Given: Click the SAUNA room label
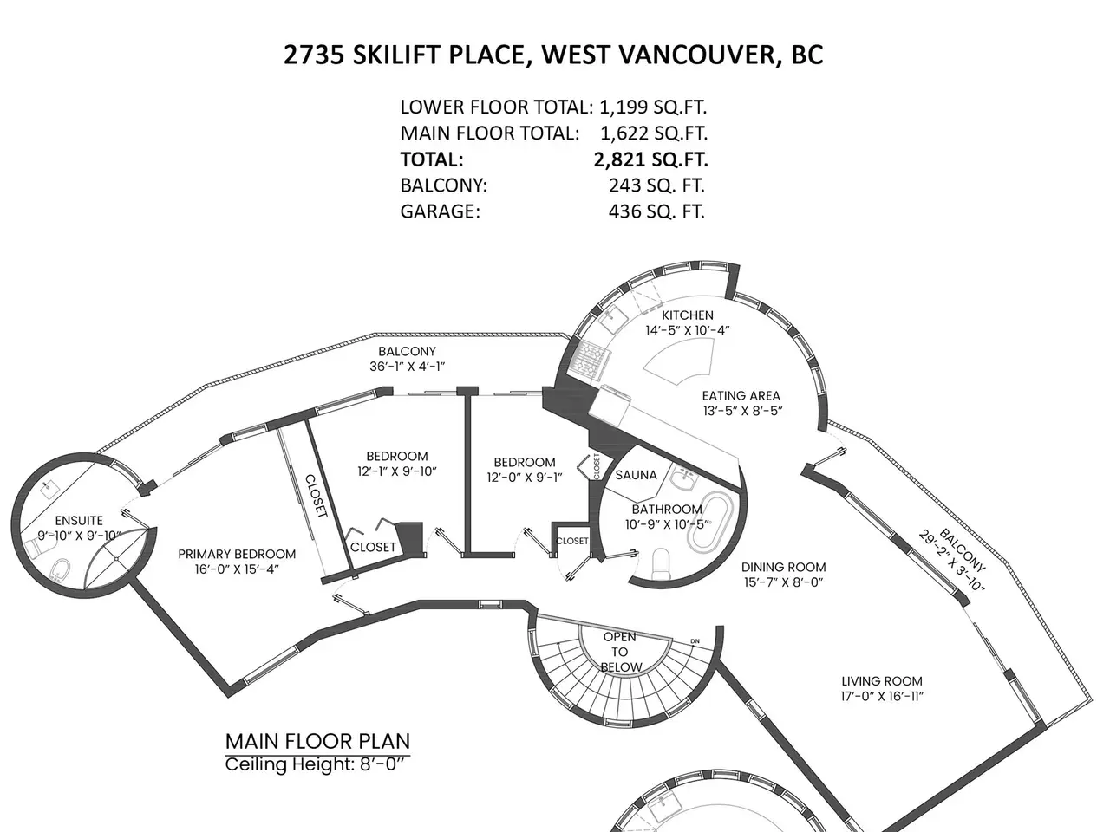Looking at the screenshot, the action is pos(636,475).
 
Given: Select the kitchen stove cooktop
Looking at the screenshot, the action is pos(589,360).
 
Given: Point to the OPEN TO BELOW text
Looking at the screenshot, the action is pos(621,652).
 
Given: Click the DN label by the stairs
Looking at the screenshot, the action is pos(695,641).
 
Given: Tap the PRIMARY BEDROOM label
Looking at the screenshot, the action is pos(237,554).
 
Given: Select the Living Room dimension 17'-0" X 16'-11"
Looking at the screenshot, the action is pos(882,696).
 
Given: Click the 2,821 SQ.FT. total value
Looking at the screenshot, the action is pos(651,159).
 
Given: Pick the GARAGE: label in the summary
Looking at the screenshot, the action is pos(440,211).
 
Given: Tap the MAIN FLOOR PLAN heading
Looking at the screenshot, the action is pos(317,741).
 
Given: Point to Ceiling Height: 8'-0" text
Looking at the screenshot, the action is pos(315,764).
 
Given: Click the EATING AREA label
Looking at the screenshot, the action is pos(741,395).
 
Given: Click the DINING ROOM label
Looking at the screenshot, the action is pos(783,567).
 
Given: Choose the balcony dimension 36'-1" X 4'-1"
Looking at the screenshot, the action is pos(407,367).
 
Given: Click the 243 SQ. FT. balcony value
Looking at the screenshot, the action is pos(656,185).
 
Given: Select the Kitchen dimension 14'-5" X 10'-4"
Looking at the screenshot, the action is pos(687,330).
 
